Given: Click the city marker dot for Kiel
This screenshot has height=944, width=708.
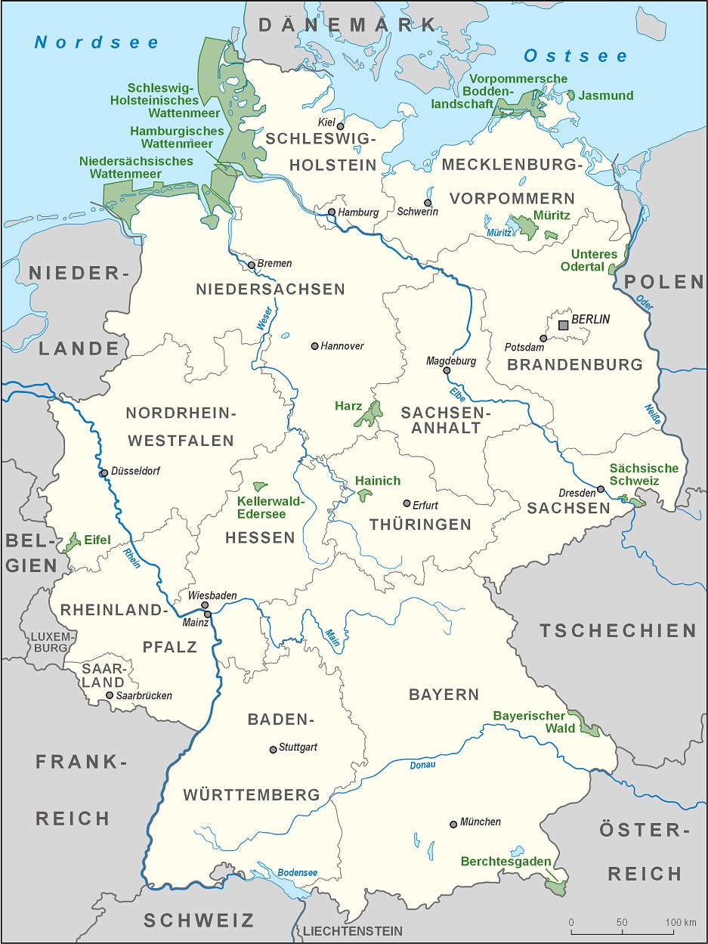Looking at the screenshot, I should (x=340, y=126).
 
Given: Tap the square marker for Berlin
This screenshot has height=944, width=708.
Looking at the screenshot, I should (x=563, y=325).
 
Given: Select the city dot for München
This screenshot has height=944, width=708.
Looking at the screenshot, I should (x=453, y=824).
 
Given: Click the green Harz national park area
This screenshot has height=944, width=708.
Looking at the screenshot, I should (x=369, y=415).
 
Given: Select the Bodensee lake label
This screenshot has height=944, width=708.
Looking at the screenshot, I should (x=297, y=872).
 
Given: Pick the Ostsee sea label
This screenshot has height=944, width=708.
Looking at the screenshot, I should (x=576, y=56).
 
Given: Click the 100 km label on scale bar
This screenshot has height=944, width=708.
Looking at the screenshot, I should (x=680, y=922).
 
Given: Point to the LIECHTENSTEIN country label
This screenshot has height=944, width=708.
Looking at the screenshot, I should (x=353, y=931).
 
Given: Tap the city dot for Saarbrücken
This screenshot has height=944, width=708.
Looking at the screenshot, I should (x=110, y=695).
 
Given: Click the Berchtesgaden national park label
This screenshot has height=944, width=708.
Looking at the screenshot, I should (x=506, y=862).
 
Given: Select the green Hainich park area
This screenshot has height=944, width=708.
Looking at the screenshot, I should (x=365, y=495).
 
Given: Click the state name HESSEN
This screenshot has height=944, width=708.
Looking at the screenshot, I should (x=260, y=537).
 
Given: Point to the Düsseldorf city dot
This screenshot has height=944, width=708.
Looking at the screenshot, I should (x=104, y=473).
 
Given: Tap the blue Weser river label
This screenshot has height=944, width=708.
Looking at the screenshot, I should (x=264, y=320).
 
